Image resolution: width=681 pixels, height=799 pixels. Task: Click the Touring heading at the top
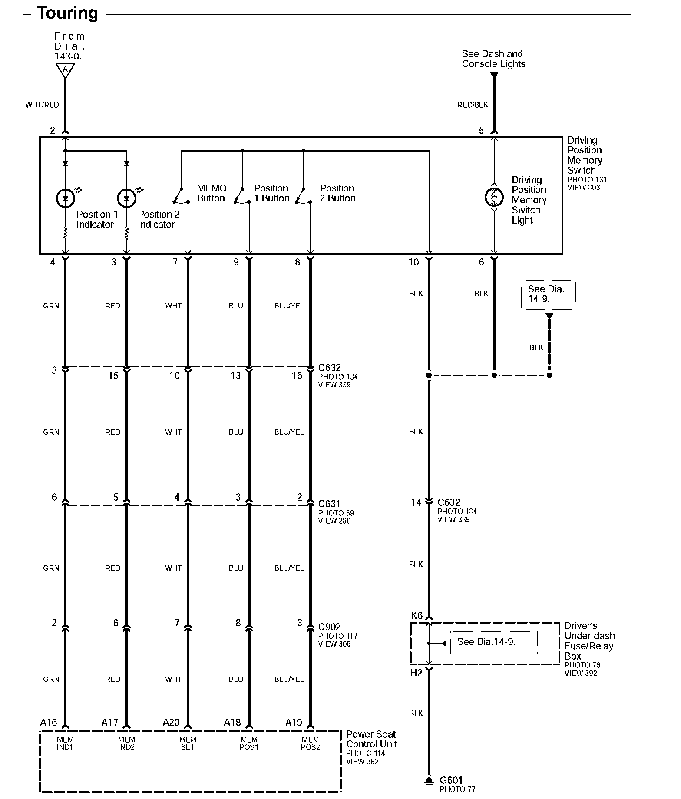[67, 13]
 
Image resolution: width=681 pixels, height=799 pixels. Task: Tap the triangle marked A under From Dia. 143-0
[65, 69]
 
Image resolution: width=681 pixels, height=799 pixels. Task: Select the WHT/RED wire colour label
[42, 105]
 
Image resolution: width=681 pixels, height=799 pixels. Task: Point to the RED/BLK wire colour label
[473, 105]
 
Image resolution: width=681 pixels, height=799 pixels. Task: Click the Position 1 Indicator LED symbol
[66, 198]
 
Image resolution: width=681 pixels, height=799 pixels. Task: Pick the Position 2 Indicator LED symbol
[127, 198]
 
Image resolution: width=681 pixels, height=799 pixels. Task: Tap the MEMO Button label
[212, 193]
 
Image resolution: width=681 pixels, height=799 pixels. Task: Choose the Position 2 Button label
[337, 193]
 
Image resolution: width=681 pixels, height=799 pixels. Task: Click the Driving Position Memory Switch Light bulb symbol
[494, 198]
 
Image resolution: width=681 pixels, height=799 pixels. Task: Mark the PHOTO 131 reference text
[587, 179]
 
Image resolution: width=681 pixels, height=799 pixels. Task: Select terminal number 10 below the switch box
[413, 262]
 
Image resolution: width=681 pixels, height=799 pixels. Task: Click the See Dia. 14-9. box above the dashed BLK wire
[546, 294]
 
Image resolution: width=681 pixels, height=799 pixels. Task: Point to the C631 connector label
[329, 504]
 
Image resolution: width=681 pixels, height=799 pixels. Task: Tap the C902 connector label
[329, 627]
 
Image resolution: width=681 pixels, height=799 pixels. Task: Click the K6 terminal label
[417, 615]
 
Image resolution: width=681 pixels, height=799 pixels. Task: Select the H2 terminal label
[416, 673]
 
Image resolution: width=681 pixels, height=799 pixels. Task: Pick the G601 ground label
[451, 780]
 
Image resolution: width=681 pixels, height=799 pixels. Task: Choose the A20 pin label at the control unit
[171, 722]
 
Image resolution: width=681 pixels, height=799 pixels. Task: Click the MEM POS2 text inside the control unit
[310, 743]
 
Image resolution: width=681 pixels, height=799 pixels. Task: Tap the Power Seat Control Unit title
[371, 739]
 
